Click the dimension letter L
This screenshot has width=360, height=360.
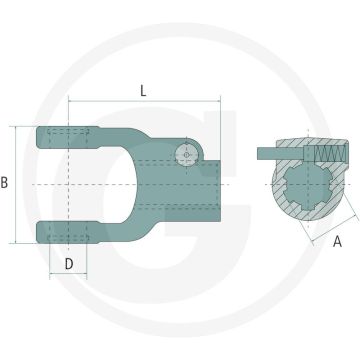[142, 89]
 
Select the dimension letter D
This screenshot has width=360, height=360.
[68, 264]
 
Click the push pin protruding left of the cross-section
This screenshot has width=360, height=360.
[264, 152]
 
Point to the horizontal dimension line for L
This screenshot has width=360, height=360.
[142, 101]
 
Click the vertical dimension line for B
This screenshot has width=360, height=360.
[17, 185]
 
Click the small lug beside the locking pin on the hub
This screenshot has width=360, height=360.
[199, 150]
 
